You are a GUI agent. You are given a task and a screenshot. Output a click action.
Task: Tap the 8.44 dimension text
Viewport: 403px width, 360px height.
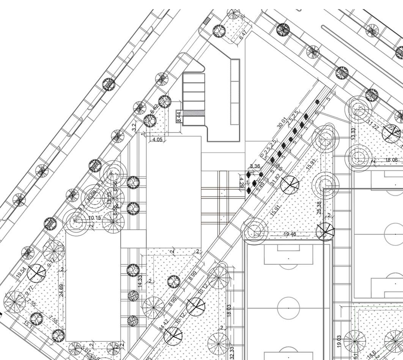[x=179, y=116]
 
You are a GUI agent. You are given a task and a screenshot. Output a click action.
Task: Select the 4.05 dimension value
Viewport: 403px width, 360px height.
[x=157, y=140]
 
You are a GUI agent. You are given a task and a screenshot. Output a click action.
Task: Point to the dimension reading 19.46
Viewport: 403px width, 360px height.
[x=290, y=234]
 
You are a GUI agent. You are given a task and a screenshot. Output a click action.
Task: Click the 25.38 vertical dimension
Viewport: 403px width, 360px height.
[x=319, y=208]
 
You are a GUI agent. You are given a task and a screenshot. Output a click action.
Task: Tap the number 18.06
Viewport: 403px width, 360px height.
[x=392, y=160]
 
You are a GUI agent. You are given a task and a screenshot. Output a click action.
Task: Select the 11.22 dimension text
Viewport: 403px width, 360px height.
[x=373, y=124]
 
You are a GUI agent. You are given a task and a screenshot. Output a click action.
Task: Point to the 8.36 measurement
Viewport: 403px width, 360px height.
[x=255, y=166]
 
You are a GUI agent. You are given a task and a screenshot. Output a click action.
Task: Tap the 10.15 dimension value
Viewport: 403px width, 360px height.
[x=95, y=218]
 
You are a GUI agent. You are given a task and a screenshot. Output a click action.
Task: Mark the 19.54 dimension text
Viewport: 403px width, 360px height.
[x=21, y=272]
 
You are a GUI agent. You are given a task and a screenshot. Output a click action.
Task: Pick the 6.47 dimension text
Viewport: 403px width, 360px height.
[x=243, y=36]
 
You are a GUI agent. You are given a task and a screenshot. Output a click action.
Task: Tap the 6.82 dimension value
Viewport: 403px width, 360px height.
[x=154, y=109]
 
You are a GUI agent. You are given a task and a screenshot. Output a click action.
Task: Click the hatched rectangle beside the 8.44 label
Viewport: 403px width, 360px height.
[x=194, y=113]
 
